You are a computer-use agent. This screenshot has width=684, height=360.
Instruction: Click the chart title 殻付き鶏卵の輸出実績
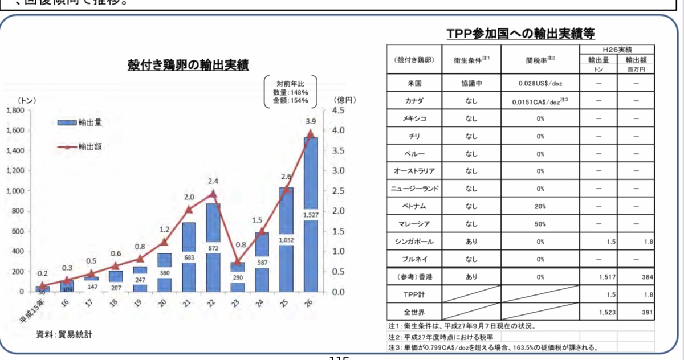[x=189, y=65]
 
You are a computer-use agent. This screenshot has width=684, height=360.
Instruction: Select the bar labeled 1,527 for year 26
[x=310, y=228]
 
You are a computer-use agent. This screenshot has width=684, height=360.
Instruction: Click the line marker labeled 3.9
[x=311, y=133]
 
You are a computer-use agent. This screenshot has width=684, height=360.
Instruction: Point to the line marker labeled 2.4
[x=213, y=194]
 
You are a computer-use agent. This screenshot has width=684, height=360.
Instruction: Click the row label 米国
[x=414, y=83]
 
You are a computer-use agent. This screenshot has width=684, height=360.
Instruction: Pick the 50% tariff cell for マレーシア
[x=540, y=224]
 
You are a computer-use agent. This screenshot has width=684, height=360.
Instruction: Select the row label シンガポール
[x=414, y=242]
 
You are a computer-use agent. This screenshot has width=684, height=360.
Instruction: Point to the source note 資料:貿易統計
[x=64, y=334]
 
